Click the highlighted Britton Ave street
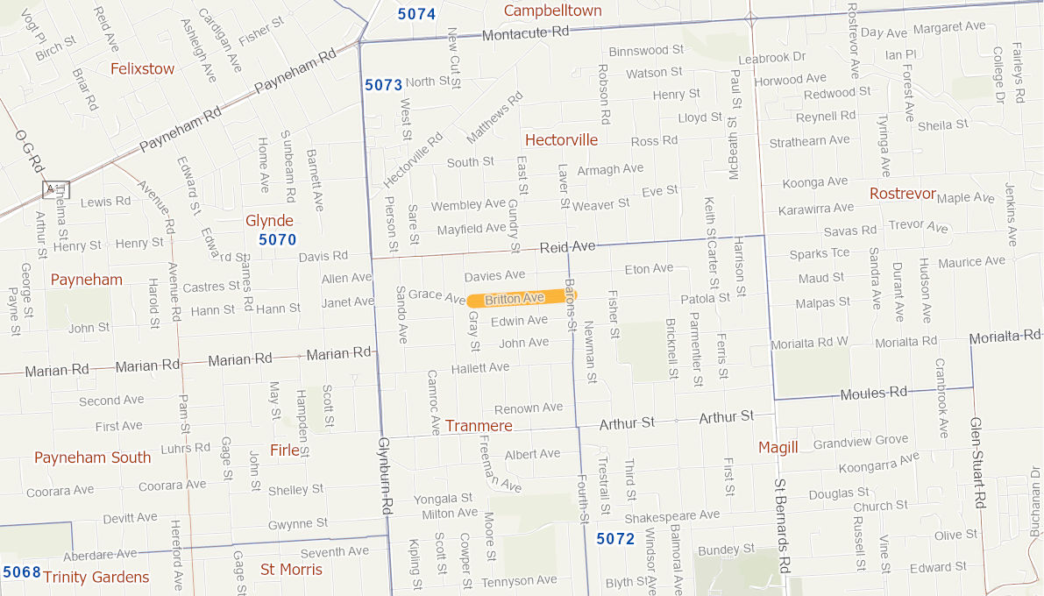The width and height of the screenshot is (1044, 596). (x=521, y=299)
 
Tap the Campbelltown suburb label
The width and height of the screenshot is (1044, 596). (x=552, y=11)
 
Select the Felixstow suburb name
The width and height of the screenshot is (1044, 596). (x=142, y=68)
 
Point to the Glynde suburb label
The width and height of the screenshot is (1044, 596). (x=269, y=220)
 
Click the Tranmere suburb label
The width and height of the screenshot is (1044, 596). (x=479, y=426)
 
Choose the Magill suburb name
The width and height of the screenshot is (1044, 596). (x=778, y=448)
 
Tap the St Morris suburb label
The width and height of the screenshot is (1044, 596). (x=292, y=570)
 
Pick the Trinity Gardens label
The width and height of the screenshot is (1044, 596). (x=96, y=577)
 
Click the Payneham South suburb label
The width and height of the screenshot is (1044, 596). (x=93, y=458)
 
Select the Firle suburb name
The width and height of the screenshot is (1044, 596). (x=285, y=450)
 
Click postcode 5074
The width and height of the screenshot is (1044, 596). (x=416, y=13)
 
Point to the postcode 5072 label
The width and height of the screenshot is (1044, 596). (x=615, y=538)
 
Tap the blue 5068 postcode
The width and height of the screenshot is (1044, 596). (x=22, y=572)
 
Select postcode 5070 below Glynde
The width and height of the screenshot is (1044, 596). (x=277, y=239)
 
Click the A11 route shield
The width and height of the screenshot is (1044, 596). (x=56, y=189)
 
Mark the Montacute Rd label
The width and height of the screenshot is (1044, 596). (x=526, y=32)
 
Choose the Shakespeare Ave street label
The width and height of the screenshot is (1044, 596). (x=671, y=515)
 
